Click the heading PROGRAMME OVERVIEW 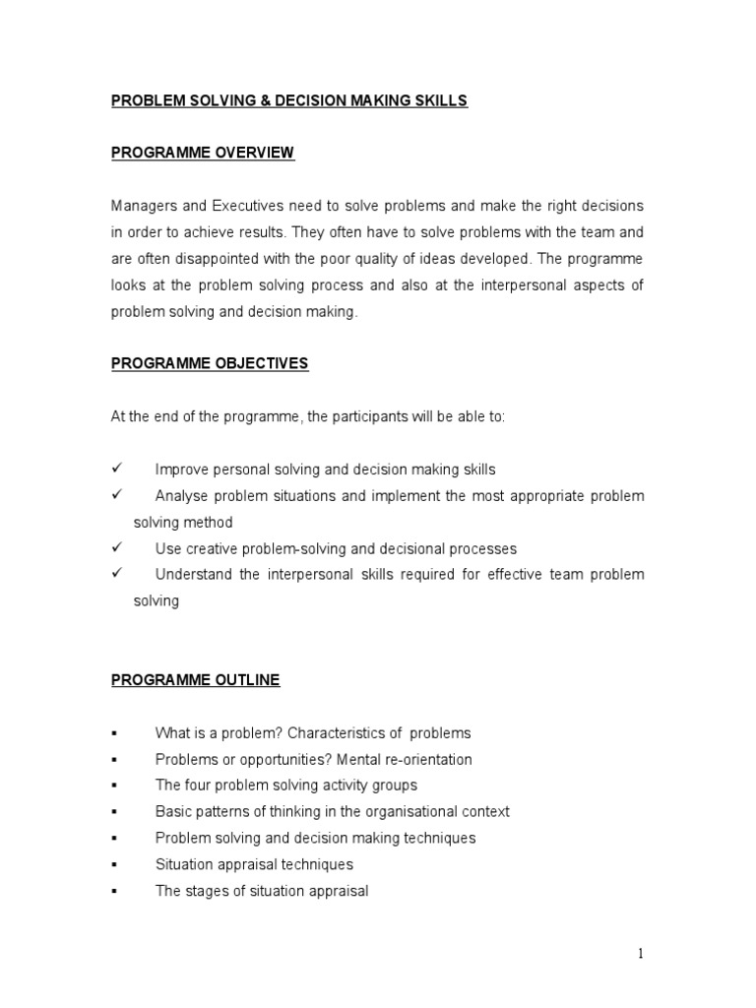[x=202, y=153]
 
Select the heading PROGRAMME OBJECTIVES [x=210, y=363]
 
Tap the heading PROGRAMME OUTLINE [x=195, y=679]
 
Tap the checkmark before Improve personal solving [x=115, y=469]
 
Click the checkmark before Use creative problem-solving [x=115, y=547]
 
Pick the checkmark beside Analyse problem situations [x=115, y=495]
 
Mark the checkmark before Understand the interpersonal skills [x=115, y=574]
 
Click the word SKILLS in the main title [x=442, y=100]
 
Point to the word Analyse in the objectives [x=183, y=495]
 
